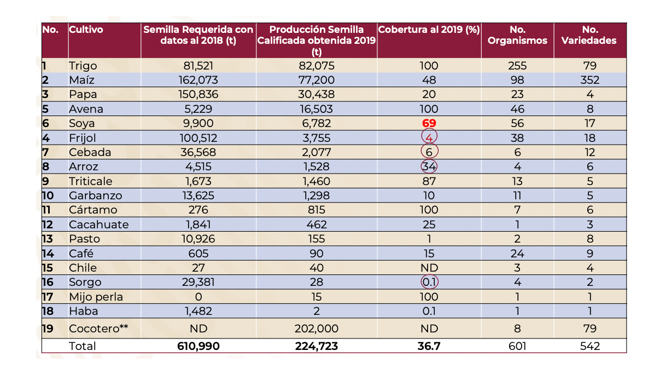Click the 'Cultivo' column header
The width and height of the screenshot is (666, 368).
[86, 30]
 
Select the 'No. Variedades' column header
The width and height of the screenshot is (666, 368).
[589, 35]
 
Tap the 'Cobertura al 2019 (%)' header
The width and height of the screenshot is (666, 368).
[429, 30]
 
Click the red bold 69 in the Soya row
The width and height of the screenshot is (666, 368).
[429, 123]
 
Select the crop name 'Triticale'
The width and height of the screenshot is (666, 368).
[91, 181]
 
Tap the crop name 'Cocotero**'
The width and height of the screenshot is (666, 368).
[98, 329]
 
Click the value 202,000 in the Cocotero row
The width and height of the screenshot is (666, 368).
[317, 329]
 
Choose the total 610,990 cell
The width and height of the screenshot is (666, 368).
[198, 346]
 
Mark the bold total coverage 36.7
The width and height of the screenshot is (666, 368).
[429, 346]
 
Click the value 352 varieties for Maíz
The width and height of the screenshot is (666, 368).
[590, 80]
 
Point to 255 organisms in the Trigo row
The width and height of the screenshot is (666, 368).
[517, 66]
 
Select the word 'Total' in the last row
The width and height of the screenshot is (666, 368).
[82, 346]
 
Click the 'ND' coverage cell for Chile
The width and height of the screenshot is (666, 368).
[429, 268]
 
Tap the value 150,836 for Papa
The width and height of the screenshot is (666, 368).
[198, 94]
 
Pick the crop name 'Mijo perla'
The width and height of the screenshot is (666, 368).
[96, 297]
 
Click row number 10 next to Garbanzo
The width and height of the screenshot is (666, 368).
[48, 196]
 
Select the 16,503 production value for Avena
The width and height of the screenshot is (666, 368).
[317, 109]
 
